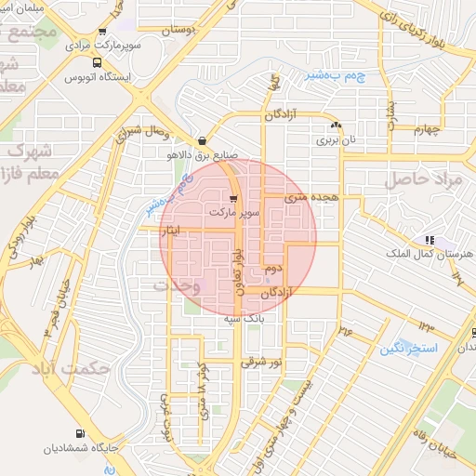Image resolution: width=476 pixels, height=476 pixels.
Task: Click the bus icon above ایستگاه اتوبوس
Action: pos(96,63)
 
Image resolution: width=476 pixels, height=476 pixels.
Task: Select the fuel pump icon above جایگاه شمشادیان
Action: pos(79,434)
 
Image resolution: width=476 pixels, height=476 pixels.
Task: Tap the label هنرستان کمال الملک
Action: pos(427,254)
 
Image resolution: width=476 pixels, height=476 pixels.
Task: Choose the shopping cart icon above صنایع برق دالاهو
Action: pos(203,141)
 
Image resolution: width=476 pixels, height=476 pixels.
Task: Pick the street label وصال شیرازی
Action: pos(135,137)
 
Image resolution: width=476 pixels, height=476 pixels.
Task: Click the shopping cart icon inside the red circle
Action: pos(235,197)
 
